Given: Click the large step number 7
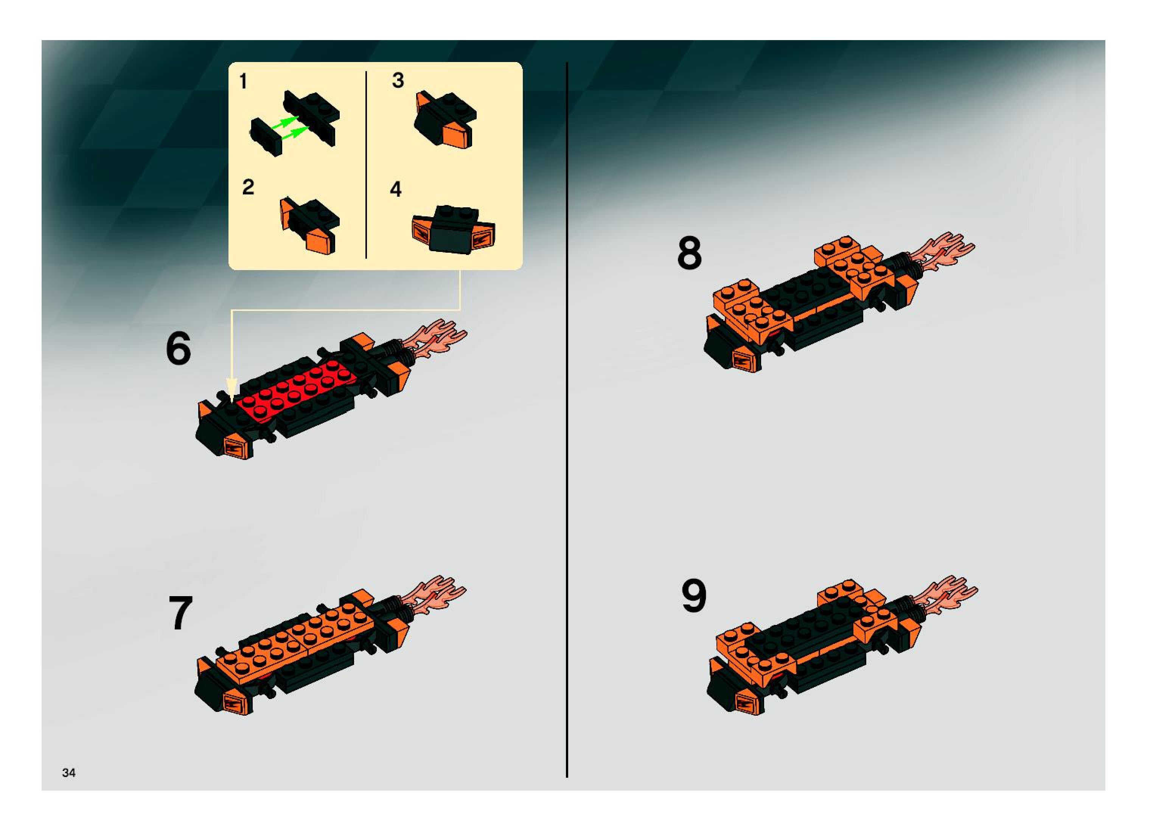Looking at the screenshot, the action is [x=180, y=613].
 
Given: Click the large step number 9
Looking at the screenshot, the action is [x=694, y=595].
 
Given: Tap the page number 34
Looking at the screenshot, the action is [x=68, y=772].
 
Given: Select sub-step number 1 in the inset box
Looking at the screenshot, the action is [x=243, y=81].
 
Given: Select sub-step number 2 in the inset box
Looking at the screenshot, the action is [x=248, y=187].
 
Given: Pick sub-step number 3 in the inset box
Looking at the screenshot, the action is [x=398, y=80].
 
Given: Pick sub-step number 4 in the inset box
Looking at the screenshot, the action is [x=396, y=189].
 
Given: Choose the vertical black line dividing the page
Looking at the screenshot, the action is [x=567, y=420].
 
